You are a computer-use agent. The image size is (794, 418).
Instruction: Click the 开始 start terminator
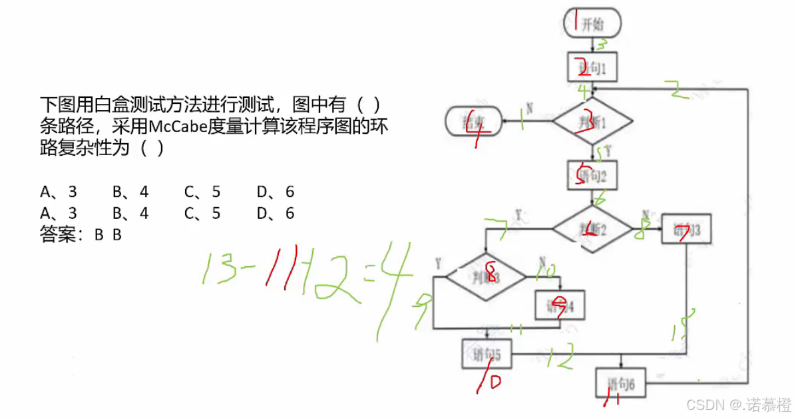pos(592,25)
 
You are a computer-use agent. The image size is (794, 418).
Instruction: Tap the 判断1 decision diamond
pos(592,122)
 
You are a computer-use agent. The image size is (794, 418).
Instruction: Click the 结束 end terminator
pos(473,121)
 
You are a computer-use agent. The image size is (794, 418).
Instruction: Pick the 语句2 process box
pos(592,176)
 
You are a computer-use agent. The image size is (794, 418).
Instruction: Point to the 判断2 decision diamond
pos(592,229)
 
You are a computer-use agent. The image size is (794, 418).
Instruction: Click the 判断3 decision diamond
pos(486,276)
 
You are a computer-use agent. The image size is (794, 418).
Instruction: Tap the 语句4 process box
pos(560,306)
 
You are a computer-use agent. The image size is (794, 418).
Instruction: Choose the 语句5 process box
pos(487,354)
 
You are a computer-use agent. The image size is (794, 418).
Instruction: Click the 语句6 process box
pos(621,383)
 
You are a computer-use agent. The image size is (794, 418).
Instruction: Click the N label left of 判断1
pos(529,106)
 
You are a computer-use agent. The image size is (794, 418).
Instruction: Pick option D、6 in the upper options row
pos(275,192)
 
